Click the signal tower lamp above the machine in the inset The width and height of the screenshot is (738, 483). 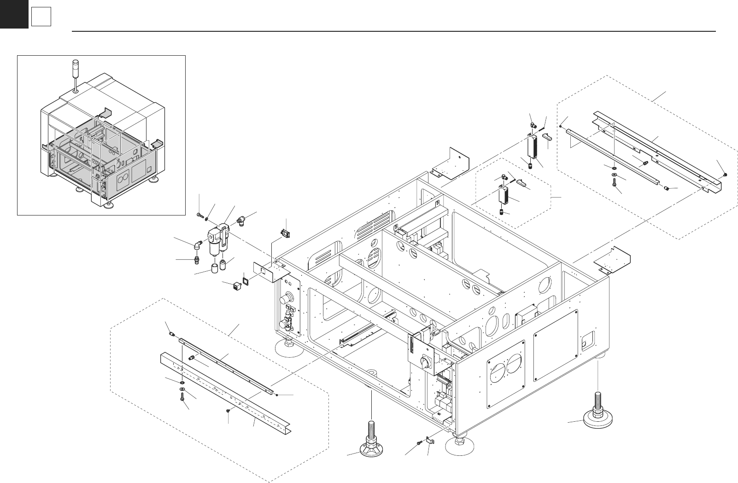tap(76, 69)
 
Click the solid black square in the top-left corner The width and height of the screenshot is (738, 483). tap(14, 14)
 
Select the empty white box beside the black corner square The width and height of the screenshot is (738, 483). tap(41, 17)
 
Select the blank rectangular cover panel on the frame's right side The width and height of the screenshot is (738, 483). tap(555, 345)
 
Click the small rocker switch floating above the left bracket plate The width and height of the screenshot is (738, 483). tap(286, 233)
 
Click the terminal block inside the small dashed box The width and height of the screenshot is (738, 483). tap(504, 196)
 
